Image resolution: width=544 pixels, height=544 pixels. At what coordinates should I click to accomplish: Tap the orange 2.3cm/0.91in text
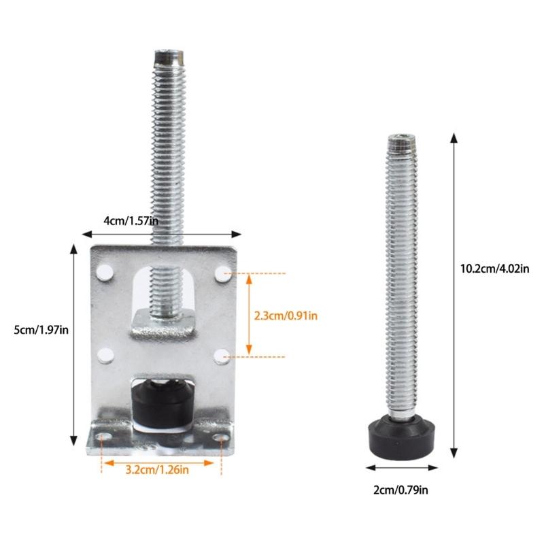tap(286, 315)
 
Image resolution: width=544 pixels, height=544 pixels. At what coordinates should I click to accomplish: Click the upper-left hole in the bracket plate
tap(103, 273)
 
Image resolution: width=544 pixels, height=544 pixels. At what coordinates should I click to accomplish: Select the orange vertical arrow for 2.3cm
tap(250, 315)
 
